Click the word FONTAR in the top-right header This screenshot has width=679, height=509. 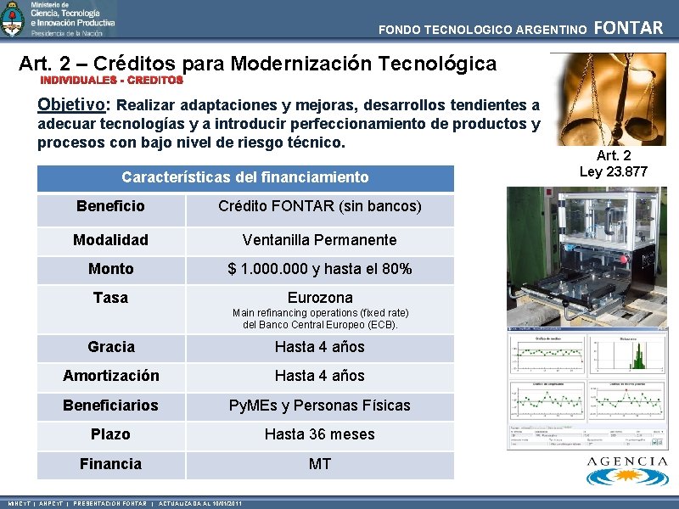[629, 28]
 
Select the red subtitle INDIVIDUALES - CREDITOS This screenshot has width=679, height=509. [113, 80]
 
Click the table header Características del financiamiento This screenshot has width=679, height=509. [245, 177]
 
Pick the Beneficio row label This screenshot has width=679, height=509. [110, 206]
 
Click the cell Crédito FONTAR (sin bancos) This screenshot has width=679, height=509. [320, 206]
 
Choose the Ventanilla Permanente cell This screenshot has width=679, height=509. [320, 240]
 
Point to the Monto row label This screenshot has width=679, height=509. [110, 269]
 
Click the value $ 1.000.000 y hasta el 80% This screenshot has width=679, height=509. [320, 269]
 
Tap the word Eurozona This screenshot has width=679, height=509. [320, 298]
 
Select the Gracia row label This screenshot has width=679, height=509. [110, 347]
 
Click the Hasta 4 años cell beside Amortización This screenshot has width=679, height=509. [320, 376]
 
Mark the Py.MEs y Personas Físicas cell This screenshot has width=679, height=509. [320, 406]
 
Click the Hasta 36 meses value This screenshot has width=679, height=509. [320, 434]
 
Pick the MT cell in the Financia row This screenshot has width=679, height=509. [320, 464]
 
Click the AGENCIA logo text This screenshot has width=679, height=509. [627, 461]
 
